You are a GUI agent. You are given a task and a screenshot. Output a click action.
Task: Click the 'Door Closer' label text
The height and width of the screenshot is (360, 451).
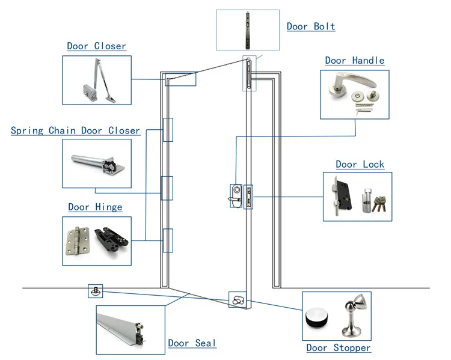(96, 46)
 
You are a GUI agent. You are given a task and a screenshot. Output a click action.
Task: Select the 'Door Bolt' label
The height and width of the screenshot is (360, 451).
(310, 26)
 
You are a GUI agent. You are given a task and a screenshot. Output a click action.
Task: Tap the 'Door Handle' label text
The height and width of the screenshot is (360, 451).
(354, 61)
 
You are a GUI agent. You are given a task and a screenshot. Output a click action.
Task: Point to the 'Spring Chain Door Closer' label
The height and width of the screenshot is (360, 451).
(75, 130)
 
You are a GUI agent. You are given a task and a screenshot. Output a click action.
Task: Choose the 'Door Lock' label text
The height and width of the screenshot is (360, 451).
(360, 164)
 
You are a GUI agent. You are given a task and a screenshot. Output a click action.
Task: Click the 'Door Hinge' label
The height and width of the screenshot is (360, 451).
(95, 207)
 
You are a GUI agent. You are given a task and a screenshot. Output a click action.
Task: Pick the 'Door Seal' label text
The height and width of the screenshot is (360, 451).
(192, 343)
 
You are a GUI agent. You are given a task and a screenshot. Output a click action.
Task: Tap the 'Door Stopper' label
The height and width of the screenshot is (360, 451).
(338, 348)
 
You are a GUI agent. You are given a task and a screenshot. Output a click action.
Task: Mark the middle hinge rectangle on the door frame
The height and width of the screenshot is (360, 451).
(167, 188)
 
